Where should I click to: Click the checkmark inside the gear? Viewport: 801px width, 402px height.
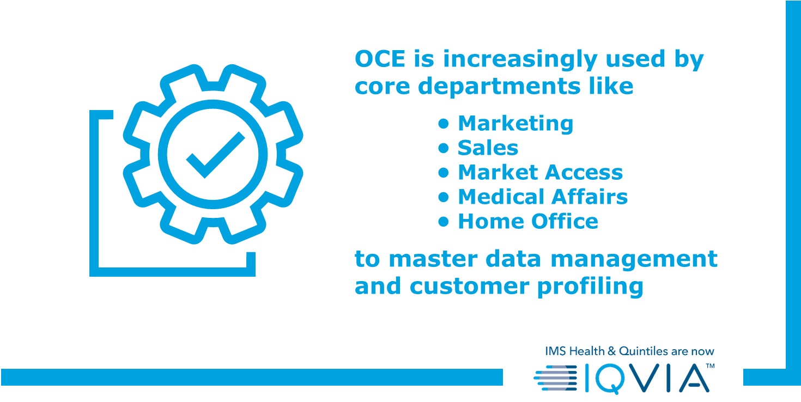click(x=215, y=155)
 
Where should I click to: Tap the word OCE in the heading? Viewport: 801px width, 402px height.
click(x=380, y=59)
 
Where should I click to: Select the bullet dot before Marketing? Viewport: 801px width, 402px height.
click(x=444, y=124)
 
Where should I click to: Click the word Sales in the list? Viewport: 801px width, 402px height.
click(x=488, y=148)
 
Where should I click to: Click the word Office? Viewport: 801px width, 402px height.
click(x=565, y=221)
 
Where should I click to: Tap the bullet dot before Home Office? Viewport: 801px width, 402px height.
click(x=444, y=222)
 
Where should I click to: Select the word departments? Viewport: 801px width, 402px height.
click(x=499, y=86)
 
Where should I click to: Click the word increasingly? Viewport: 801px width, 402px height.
click(x=519, y=59)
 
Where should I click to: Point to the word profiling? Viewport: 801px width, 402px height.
click(x=590, y=287)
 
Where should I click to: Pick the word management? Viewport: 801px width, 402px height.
click(x=634, y=259)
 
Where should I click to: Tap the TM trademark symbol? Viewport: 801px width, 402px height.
click(x=710, y=366)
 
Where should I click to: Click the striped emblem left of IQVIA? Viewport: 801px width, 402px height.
click(x=555, y=377)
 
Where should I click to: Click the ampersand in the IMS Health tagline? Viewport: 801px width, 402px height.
click(x=611, y=351)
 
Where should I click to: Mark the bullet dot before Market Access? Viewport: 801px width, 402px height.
click(x=444, y=173)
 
